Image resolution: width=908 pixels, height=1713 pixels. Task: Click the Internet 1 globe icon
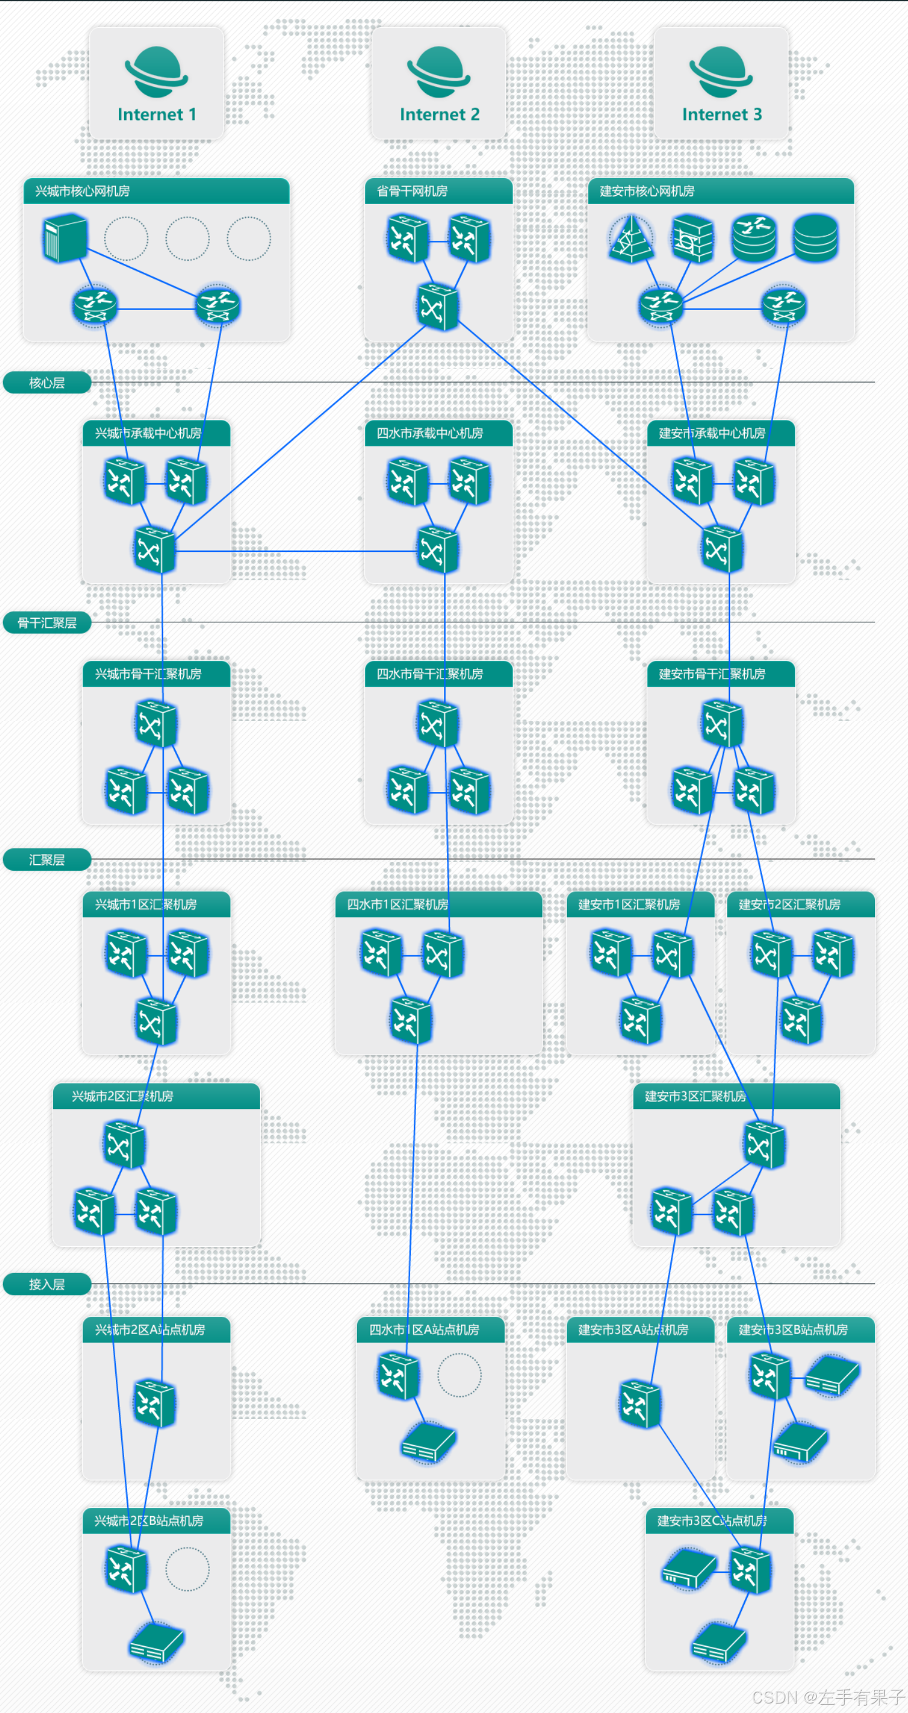(x=156, y=71)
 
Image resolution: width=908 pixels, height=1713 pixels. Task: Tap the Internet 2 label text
(x=439, y=114)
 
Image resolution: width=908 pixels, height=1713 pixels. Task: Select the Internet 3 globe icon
(x=721, y=71)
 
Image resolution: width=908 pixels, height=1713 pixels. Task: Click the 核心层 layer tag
(x=47, y=382)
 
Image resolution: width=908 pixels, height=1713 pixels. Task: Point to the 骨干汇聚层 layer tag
(x=47, y=622)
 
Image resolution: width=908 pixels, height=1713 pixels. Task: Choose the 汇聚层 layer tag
(x=47, y=859)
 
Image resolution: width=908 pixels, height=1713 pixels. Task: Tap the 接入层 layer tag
(x=47, y=1284)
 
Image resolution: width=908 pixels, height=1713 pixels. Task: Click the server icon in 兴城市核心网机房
(x=65, y=238)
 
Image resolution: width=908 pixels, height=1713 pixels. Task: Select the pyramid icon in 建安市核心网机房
(x=630, y=238)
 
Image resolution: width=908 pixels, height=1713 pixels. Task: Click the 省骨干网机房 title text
(x=412, y=191)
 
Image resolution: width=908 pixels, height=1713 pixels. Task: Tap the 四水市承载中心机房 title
(x=429, y=433)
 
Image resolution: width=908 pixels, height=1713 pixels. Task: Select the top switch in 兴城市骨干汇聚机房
(x=155, y=723)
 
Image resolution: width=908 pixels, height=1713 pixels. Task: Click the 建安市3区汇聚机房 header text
(x=695, y=1096)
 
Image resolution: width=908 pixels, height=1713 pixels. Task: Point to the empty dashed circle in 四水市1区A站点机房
(x=459, y=1375)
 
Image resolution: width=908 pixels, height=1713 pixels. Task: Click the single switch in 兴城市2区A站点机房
(x=155, y=1403)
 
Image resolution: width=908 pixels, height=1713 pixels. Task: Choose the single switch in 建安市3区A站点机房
(x=640, y=1403)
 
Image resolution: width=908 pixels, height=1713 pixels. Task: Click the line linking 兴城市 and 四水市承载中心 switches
(x=296, y=551)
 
